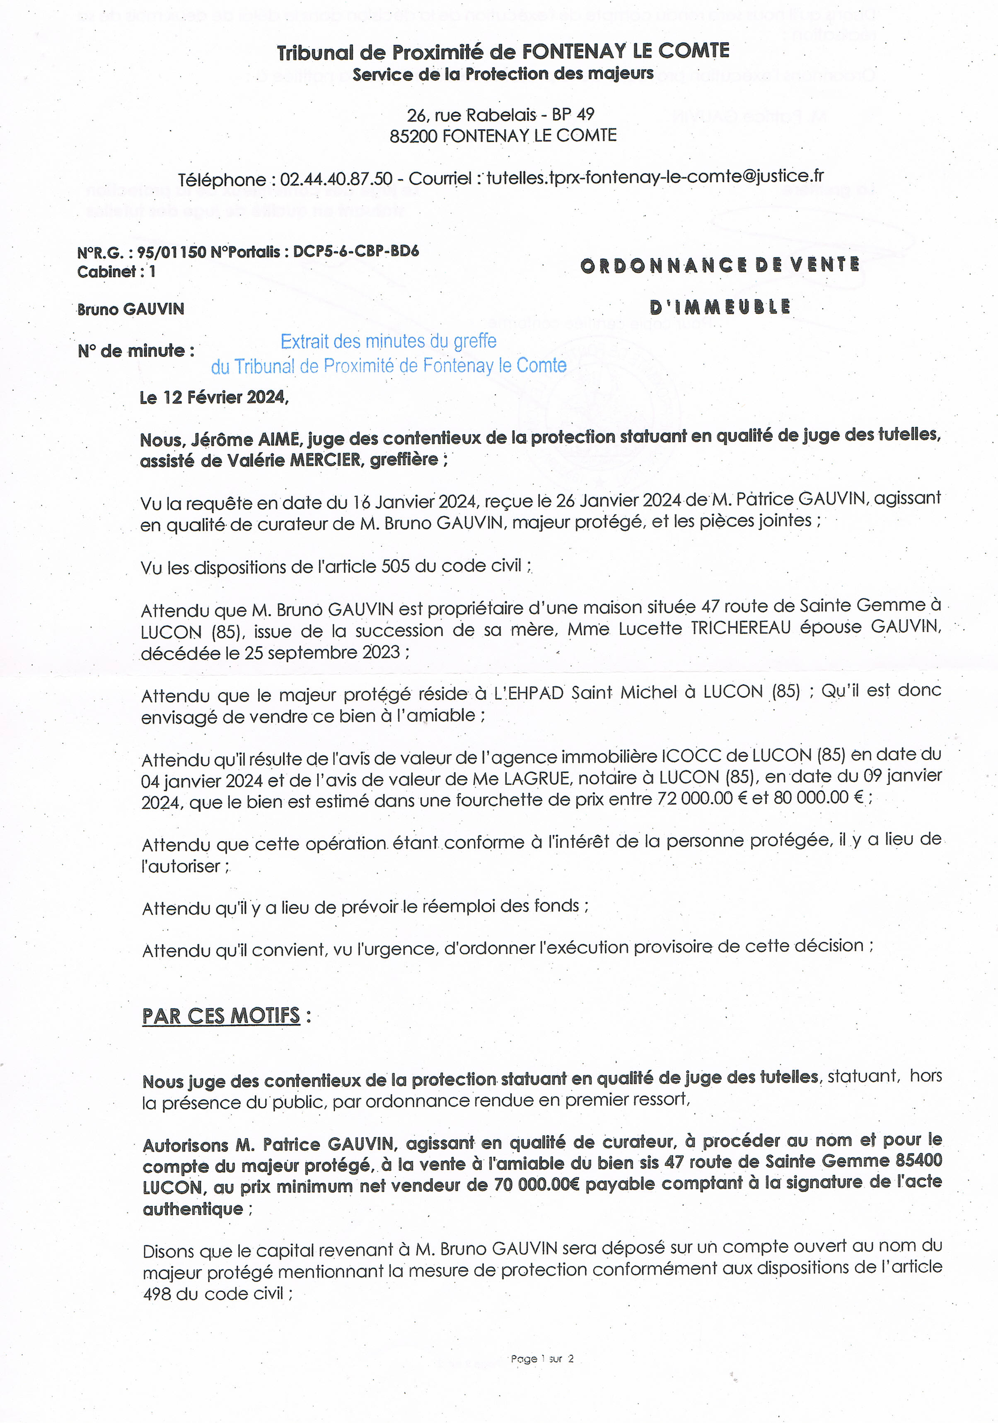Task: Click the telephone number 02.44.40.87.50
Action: [336, 179]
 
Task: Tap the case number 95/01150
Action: [171, 252]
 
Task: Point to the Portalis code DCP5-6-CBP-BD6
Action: [356, 251]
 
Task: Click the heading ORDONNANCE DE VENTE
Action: [720, 265]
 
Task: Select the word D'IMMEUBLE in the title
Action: [720, 307]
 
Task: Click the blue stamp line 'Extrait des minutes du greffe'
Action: [389, 342]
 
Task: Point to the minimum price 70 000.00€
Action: [537, 1186]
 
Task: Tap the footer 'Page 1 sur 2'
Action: [542, 1358]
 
